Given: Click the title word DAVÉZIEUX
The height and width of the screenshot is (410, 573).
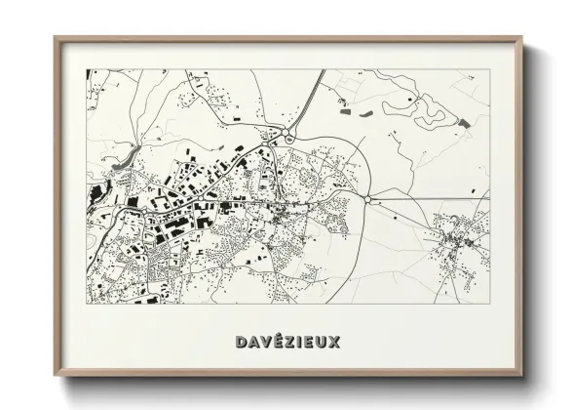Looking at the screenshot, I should coord(286,342).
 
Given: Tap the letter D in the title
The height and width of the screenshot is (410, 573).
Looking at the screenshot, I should coord(240,342).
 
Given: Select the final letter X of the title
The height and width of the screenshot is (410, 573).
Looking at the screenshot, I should coord(335,342).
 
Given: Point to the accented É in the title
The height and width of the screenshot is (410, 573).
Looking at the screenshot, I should coord(274,342).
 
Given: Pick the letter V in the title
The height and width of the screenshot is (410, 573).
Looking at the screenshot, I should coord(262,342).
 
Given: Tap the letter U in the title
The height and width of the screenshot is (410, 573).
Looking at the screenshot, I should coord(323,342).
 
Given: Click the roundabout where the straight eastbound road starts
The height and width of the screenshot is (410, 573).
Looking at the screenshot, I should coord(369,200).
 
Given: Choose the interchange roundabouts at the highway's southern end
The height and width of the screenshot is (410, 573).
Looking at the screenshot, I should coord(283,136).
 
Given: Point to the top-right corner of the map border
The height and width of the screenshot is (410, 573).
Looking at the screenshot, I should coord(487,69).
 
